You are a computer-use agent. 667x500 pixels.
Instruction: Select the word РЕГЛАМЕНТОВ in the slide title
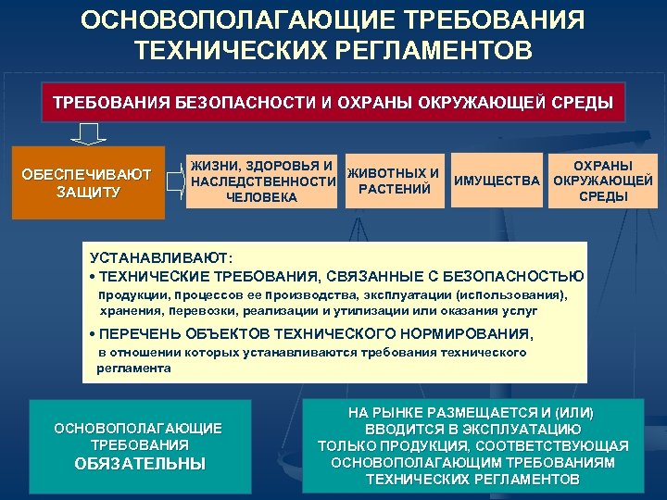[x=434, y=49]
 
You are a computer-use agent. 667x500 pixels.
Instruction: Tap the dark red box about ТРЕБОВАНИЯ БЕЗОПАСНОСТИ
[x=333, y=101]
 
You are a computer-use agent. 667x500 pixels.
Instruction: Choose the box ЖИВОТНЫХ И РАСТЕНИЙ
[x=393, y=181]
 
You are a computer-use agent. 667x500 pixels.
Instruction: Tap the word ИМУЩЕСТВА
[x=497, y=181]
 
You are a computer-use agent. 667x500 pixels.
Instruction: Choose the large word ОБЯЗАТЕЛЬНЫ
[x=139, y=464]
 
